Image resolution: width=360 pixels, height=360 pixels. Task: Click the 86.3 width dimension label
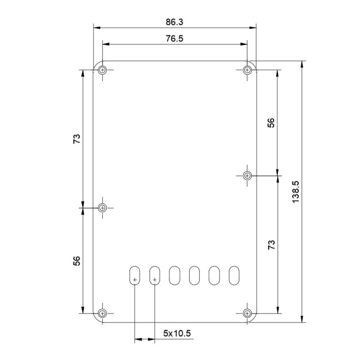(x=175, y=22)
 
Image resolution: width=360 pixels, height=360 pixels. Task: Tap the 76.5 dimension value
(x=175, y=38)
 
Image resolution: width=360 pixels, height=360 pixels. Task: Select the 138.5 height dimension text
(x=296, y=192)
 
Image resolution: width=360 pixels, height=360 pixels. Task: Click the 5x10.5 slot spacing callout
(x=177, y=333)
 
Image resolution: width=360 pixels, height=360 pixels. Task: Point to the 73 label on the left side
(x=77, y=139)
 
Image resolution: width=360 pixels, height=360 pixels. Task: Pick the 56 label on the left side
(x=77, y=261)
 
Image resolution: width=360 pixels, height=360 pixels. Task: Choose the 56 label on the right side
(x=271, y=122)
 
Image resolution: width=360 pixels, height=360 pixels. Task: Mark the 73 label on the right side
(x=271, y=245)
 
